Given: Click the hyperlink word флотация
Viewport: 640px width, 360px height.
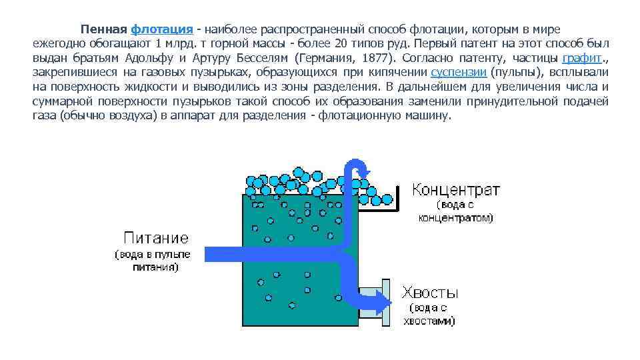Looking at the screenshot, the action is tap(162, 29).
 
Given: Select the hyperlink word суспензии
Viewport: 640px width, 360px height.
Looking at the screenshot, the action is tap(459, 72).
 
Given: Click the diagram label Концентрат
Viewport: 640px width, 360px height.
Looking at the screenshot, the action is tap(455, 189).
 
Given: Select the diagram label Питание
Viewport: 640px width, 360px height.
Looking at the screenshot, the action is tap(157, 237).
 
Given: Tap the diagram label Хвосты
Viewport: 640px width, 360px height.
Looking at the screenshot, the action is tap(429, 292).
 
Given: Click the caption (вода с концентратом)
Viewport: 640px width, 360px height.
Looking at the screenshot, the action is tap(456, 211).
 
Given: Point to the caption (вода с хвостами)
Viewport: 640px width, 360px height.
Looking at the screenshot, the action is tap(429, 314).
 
